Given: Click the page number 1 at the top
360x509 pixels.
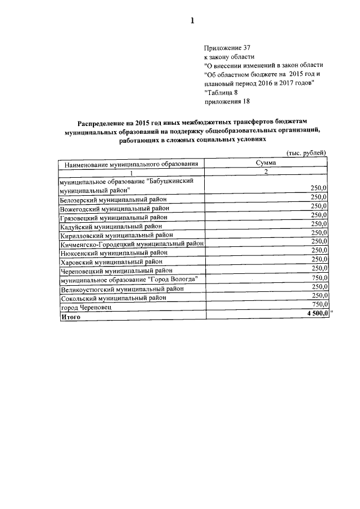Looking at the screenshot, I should [192, 21].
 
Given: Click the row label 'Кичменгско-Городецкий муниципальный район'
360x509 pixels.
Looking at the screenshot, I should [132, 244].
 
